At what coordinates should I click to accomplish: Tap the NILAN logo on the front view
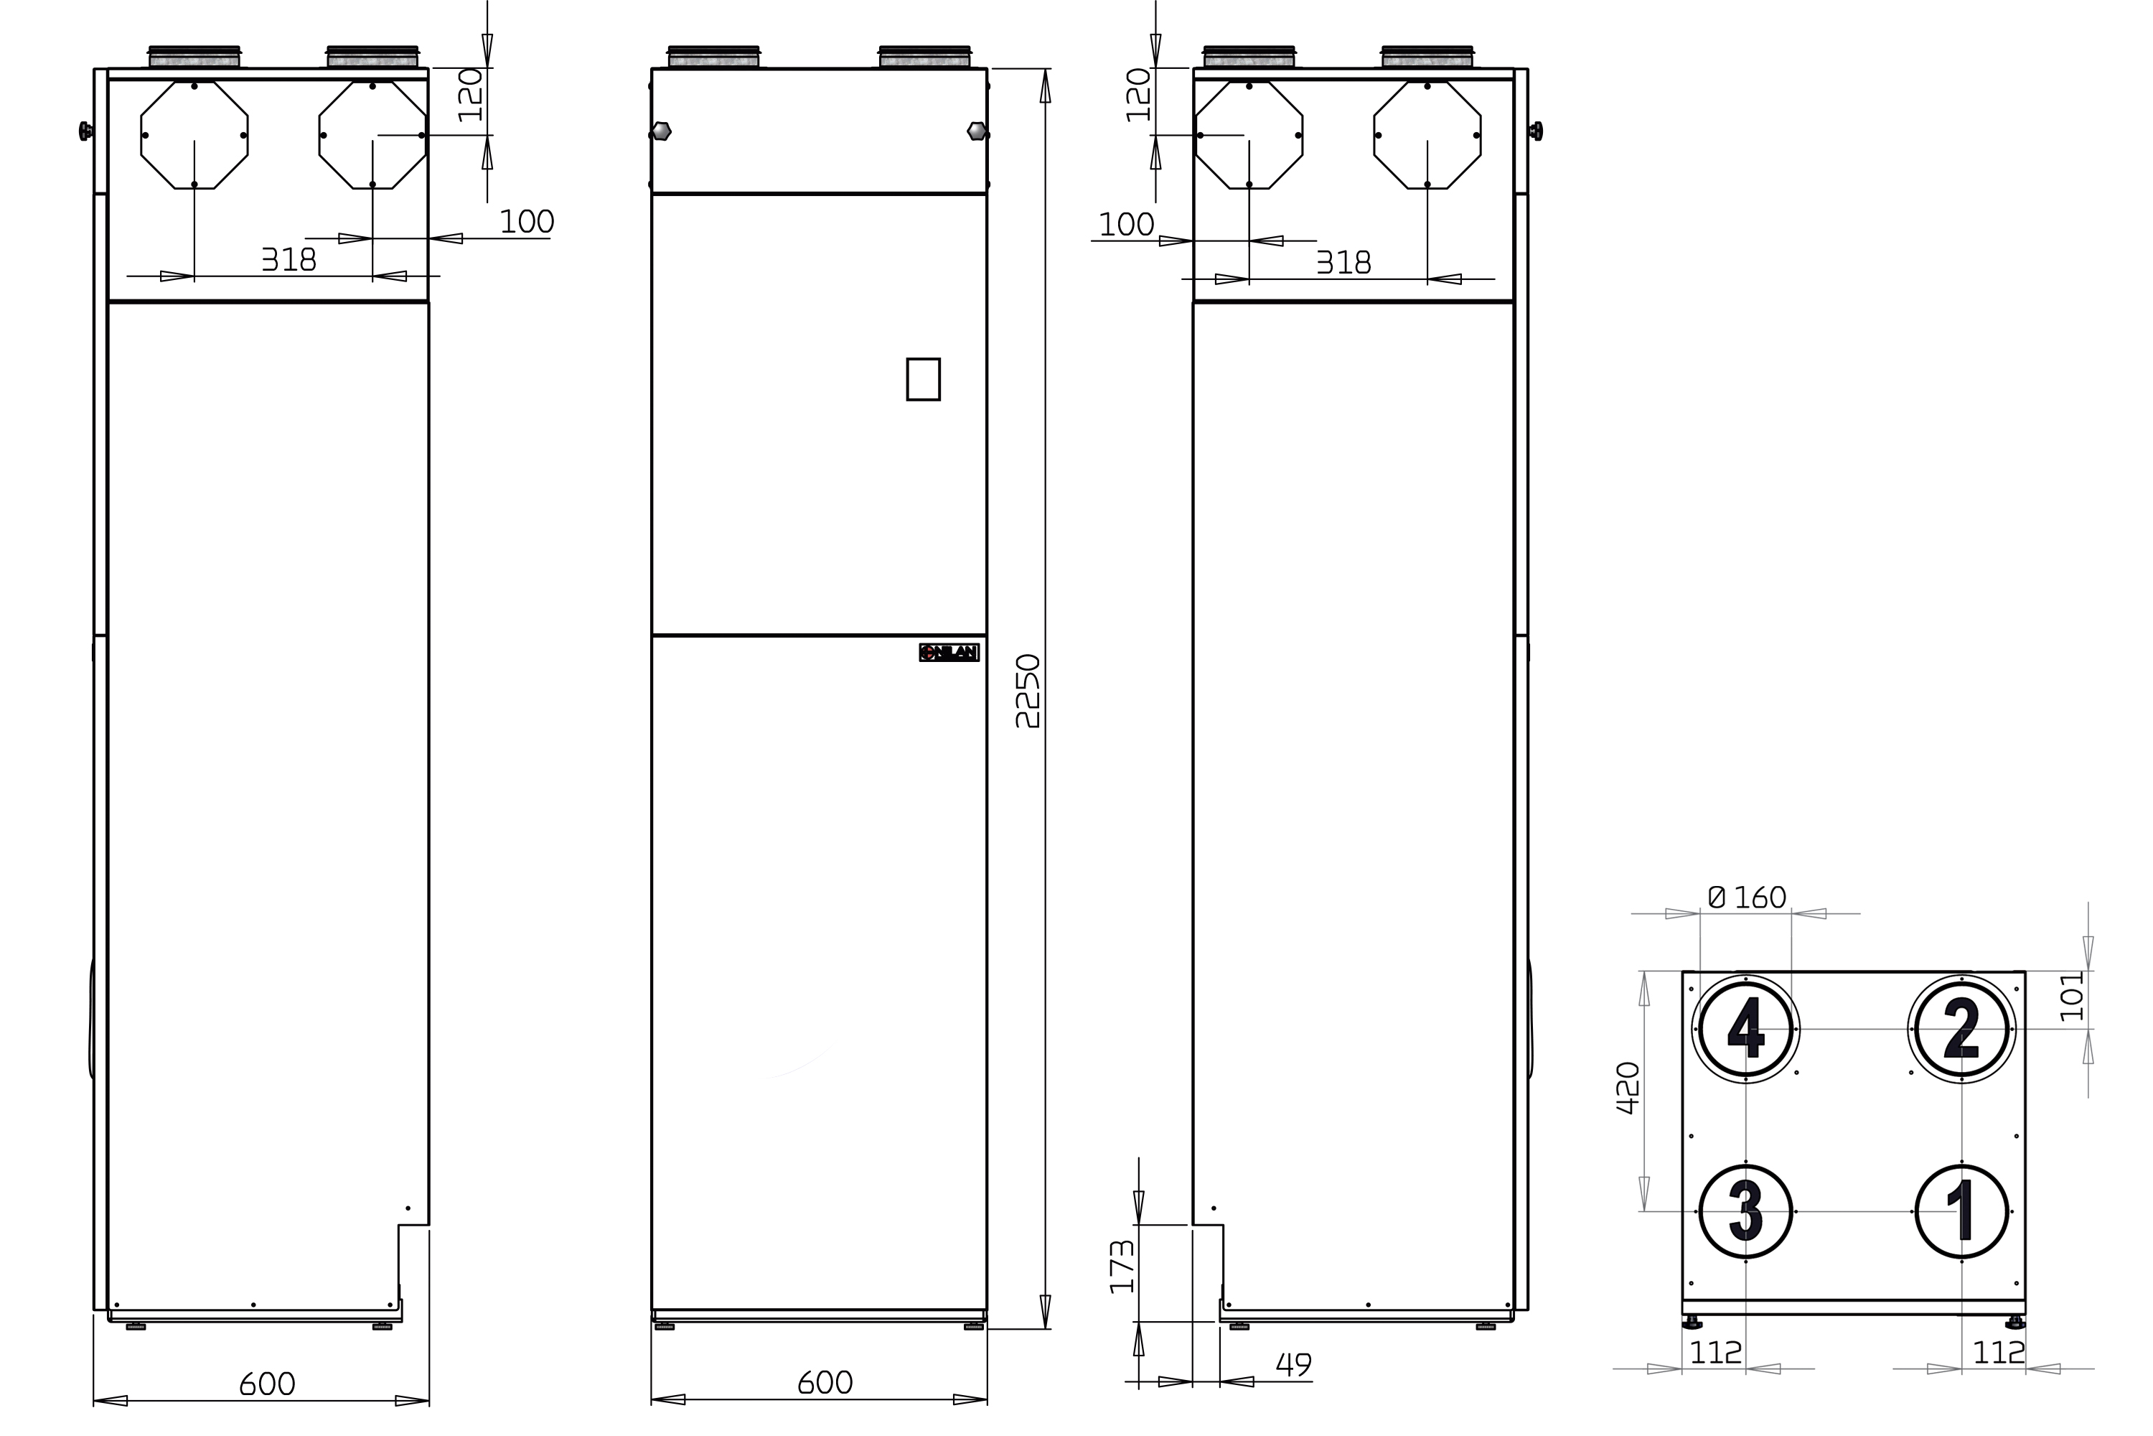[x=949, y=652]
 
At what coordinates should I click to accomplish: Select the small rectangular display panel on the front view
[x=923, y=379]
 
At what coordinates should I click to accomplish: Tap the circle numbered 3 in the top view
[x=1745, y=1212]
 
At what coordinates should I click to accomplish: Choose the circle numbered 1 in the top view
[x=1961, y=1212]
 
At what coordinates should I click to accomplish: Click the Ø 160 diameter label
[x=1747, y=897]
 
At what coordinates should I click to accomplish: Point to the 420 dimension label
[x=1628, y=1088]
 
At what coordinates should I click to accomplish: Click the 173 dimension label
[x=1121, y=1267]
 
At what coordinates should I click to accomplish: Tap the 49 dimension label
[x=1293, y=1365]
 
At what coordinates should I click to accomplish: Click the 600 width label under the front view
[x=825, y=1383]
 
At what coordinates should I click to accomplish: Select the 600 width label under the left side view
[x=267, y=1384]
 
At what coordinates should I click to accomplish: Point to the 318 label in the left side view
[x=289, y=260]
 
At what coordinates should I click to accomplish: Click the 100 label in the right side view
[x=1126, y=224]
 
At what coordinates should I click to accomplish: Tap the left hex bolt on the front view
[x=661, y=131]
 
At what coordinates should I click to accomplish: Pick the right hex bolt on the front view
[x=977, y=131]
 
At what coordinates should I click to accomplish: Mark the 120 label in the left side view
[x=471, y=94]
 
